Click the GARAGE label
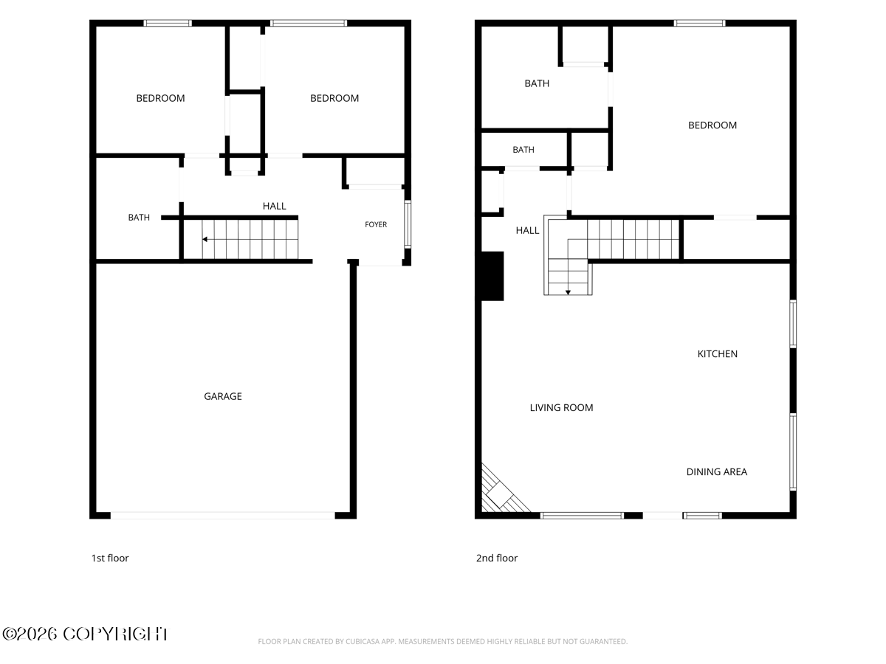(222, 396)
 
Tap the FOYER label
(375, 224)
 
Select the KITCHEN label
(717, 354)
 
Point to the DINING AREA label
(716, 471)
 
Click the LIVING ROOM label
(561, 407)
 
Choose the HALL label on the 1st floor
(274, 206)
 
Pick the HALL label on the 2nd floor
(527, 231)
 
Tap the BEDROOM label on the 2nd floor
(712, 125)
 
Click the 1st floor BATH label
(139, 218)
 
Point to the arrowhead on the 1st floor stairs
(205, 240)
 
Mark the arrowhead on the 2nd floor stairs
(568, 293)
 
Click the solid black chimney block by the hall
(492, 276)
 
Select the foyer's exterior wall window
(408, 224)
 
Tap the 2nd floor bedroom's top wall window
(699, 23)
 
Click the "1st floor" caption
(110, 558)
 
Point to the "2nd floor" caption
(496, 558)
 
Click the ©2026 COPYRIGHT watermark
(86, 634)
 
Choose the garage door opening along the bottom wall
(222, 515)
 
